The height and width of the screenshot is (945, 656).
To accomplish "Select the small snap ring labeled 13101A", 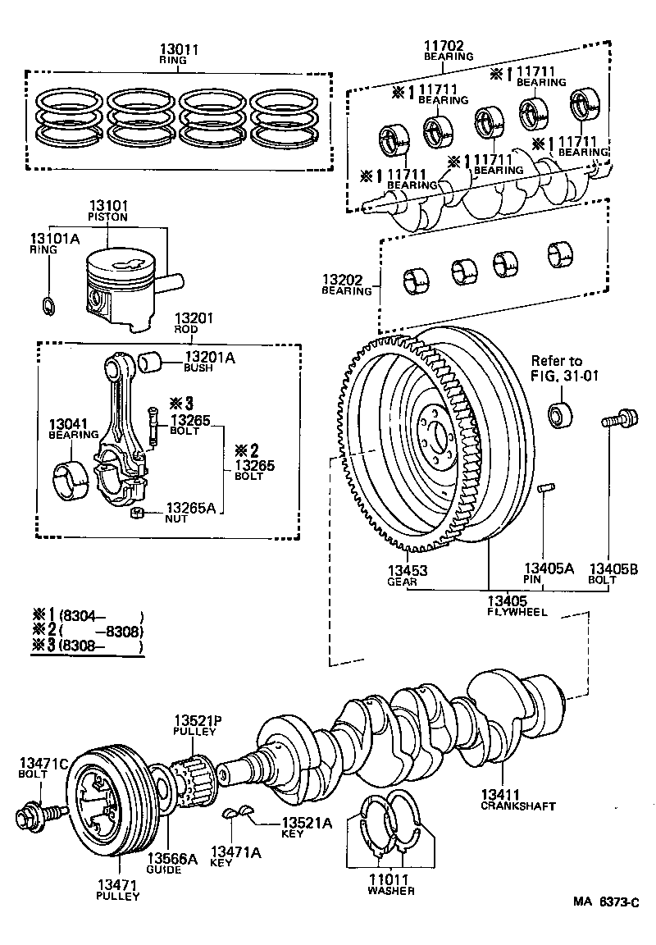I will pyautogui.click(x=48, y=305).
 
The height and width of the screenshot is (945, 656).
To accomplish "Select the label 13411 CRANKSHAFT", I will pyautogui.click(x=507, y=800).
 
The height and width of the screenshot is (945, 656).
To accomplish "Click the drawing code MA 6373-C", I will pyautogui.click(x=604, y=902).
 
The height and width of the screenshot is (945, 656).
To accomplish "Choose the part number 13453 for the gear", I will pyautogui.click(x=407, y=569).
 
